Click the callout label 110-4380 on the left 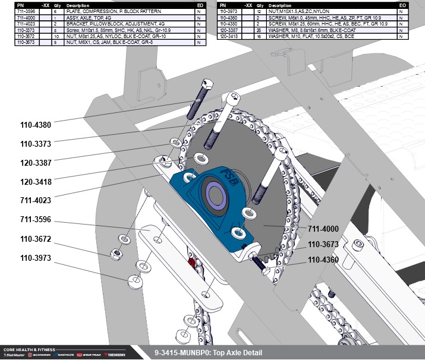tap(36, 125)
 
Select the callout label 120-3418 tap(36, 182)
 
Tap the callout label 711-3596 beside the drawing tap(36, 220)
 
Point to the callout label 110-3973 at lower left tap(36, 258)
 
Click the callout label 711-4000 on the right tap(323, 229)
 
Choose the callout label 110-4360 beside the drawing tap(323, 260)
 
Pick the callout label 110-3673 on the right tap(323, 244)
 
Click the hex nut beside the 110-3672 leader tap(115, 254)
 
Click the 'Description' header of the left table tap(78, 5)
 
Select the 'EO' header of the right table tap(402, 5)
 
